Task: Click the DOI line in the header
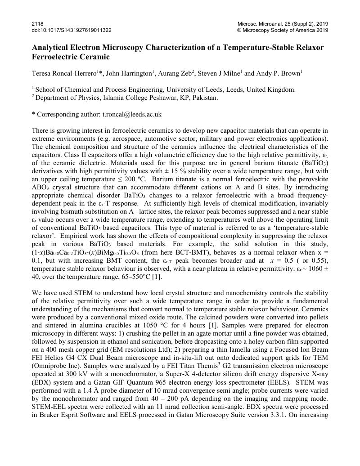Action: click(x=72, y=30)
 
